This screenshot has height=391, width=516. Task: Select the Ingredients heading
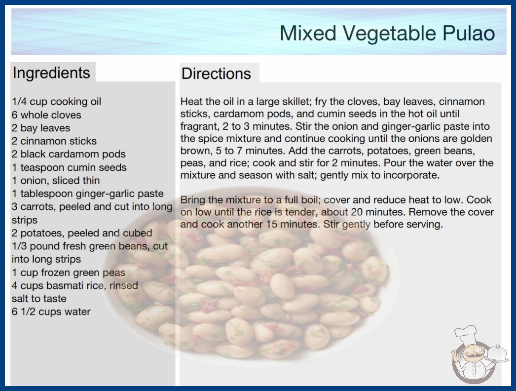(x=51, y=73)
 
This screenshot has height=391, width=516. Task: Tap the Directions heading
(x=216, y=74)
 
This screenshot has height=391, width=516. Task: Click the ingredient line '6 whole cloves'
(x=46, y=115)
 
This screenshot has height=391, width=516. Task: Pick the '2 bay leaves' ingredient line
(x=41, y=128)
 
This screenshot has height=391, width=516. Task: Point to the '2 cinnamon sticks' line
(x=54, y=141)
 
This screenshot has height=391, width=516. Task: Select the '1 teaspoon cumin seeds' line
(x=69, y=167)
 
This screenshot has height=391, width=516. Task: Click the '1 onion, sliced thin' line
(x=56, y=181)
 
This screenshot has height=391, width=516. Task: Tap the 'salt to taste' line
(x=39, y=299)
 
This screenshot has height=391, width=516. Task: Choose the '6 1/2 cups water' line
(x=51, y=312)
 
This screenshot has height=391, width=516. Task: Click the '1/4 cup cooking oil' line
(x=57, y=102)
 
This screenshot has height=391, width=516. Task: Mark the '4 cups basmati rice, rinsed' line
(x=75, y=285)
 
